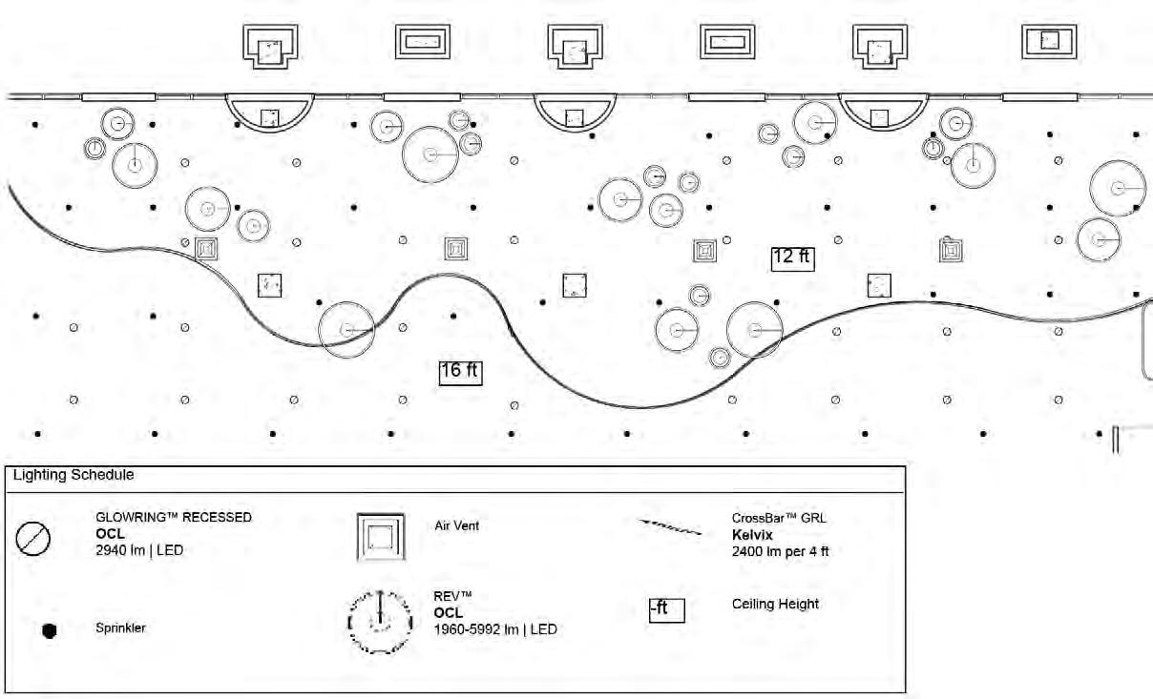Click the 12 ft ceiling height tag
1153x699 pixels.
click(793, 257)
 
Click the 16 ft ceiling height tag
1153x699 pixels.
click(460, 371)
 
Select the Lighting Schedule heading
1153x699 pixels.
click(73, 474)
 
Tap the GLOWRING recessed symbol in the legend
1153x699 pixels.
click(32, 540)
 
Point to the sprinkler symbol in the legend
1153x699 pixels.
click(51, 630)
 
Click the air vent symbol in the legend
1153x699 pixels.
click(381, 537)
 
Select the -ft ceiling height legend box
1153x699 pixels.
click(666, 609)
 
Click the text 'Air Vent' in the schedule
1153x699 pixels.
click(456, 525)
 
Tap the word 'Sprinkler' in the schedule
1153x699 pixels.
click(120, 629)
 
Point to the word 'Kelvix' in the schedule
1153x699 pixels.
click(752, 535)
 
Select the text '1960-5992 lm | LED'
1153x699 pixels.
click(495, 629)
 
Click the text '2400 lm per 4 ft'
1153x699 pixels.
click(780, 551)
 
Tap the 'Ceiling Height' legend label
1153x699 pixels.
click(775, 604)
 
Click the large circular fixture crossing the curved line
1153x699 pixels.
click(346, 329)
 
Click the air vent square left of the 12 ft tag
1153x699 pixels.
click(705, 251)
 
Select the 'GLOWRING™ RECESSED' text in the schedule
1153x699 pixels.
click(174, 518)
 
